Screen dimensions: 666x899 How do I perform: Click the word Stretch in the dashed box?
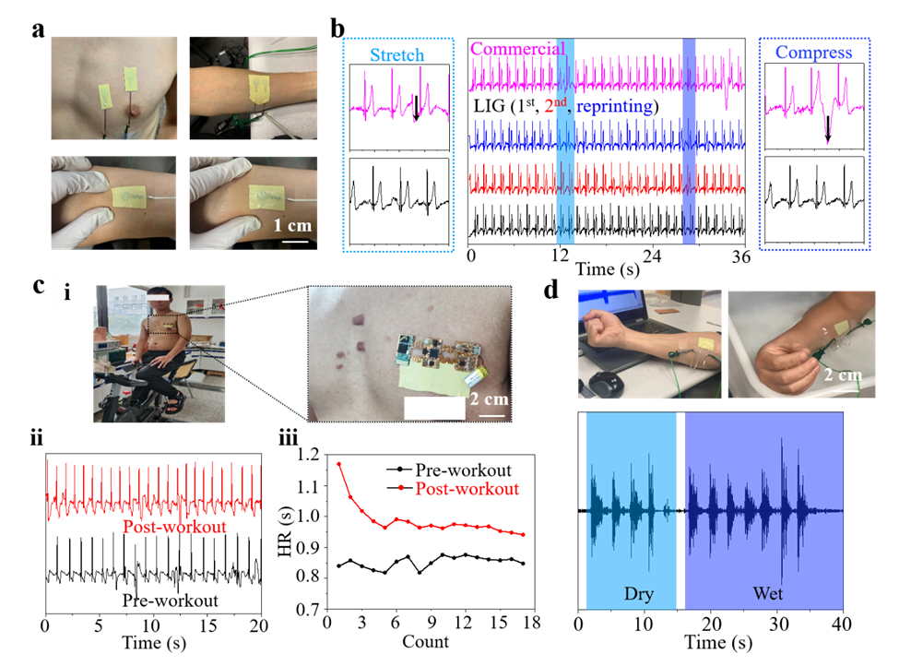(396, 55)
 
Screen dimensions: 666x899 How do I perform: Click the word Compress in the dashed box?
(813, 53)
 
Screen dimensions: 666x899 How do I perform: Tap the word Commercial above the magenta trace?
(516, 49)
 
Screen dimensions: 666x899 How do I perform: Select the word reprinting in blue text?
(616, 107)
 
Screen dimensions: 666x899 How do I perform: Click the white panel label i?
(66, 294)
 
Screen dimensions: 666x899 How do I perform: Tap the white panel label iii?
(289, 438)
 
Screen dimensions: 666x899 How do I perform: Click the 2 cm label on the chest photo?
(489, 400)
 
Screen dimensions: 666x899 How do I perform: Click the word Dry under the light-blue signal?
(638, 593)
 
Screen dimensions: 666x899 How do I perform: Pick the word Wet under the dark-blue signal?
(767, 593)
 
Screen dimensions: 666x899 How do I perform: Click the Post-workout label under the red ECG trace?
(174, 528)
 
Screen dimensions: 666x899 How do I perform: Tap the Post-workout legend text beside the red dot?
(467, 488)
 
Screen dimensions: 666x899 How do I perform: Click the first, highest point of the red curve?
(338, 463)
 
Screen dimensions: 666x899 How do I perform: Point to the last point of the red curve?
(524, 535)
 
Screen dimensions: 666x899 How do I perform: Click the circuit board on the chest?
(432, 351)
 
